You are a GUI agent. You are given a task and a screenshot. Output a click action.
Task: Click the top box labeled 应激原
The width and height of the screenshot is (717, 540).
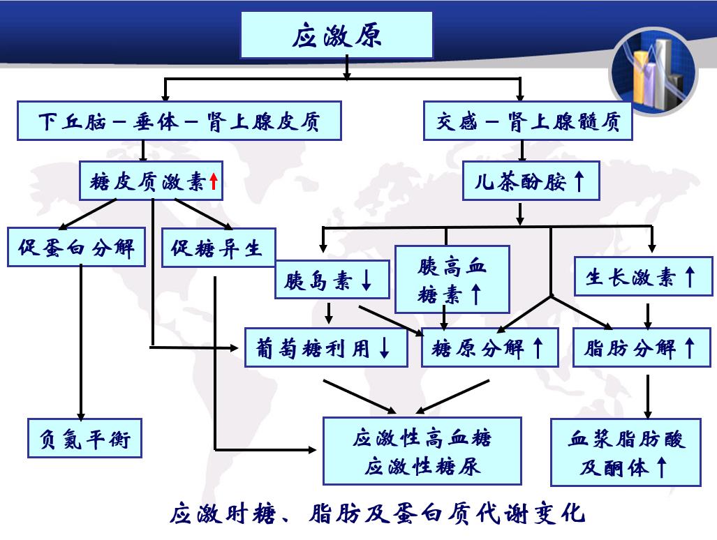point(337,36)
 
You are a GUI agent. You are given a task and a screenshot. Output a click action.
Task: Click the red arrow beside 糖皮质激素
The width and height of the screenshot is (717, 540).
point(214,183)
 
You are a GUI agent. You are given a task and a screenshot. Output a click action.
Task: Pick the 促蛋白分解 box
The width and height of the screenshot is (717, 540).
point(76,247)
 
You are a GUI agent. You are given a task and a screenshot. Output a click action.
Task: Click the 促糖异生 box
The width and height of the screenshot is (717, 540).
point(218,247)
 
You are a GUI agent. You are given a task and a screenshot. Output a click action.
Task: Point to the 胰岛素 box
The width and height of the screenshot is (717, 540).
point(328,281)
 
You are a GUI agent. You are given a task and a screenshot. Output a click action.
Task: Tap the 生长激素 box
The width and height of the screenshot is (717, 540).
point(642,277)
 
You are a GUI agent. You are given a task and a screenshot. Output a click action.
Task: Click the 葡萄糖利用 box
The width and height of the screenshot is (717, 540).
point(326,347)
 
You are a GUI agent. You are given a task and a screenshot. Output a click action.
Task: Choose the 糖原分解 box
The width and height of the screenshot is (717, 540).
point(489,347)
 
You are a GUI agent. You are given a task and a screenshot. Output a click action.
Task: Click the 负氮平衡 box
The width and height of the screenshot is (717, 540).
point(85,437)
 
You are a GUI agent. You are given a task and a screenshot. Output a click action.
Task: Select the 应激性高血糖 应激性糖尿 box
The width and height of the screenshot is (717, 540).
point(422,451)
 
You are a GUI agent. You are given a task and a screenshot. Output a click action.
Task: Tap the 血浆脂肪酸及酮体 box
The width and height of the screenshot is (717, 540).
point(626,451)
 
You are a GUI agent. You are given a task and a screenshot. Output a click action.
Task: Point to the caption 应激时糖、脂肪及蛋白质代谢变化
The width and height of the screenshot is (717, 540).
point(377,515)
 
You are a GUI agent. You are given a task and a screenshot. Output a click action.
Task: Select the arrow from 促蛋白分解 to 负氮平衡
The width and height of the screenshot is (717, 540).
point(81,342)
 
